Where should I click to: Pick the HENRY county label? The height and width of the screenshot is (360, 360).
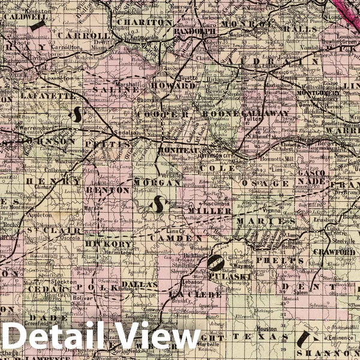(x=57, y=181)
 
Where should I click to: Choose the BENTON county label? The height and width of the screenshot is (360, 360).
(x=108, y=190)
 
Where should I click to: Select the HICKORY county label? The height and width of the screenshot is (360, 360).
(x=109, y=244)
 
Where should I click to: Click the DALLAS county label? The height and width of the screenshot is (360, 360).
(x=139, y=284)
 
